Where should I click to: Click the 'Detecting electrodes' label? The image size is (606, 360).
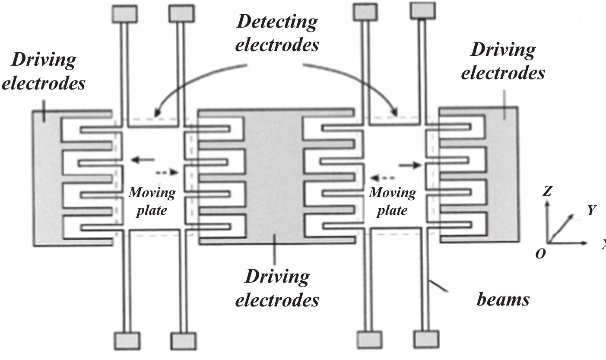pyautogui.click(x=277, y=33)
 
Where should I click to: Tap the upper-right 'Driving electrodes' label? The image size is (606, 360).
pyautogui.click(x=502, y=61)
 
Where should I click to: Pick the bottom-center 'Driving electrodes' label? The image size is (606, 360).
pyautogui.click(x=277, y=287)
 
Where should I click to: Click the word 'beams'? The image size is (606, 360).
pyautogui.click(x=503, y=299)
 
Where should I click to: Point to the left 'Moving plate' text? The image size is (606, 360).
pyautogui.click(x=152, y=201)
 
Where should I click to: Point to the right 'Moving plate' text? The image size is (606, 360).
pyautogui.click(x=392, y=201)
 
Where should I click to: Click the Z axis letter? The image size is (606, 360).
pyautogui.click(x=548, y=191)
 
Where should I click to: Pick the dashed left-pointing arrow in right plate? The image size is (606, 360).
pyautogui.click(x=382, y=177)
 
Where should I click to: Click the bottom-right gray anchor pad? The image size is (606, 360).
pyautogui.click(x=426, y=339)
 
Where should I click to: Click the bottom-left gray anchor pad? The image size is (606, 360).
pyautogui.click(x=127, y=340)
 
